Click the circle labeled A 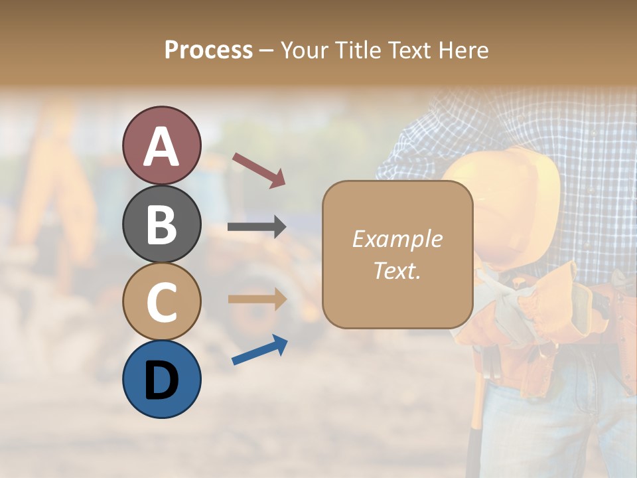(162, 145)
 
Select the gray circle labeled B (162, 224)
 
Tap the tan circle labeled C (162, 301)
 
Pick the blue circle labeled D (162, 379)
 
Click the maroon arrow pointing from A (259, 170)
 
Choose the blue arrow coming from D (259, 350)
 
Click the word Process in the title (208, 50)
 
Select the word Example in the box (397, 239)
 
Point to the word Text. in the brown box (397, 270)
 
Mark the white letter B (162, 224)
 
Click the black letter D (162, 380)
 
